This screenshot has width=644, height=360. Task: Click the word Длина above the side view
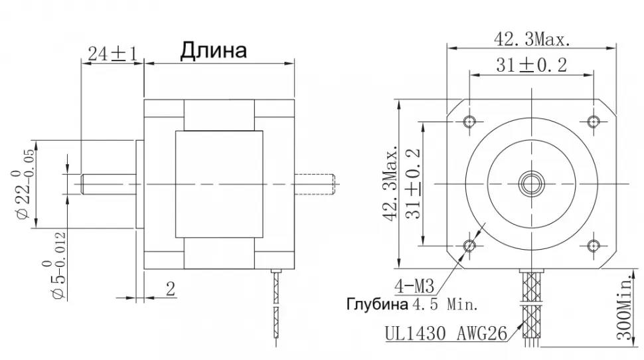tap(212, 50)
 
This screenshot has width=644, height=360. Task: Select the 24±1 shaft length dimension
tap(112, 54)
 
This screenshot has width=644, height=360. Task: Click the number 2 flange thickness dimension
tap(169, 288)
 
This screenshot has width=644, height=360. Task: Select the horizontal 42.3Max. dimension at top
tap(530, 40)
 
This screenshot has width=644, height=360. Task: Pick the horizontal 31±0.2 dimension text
tap(530, 65)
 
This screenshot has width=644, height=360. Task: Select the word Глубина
tap(376, 306)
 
